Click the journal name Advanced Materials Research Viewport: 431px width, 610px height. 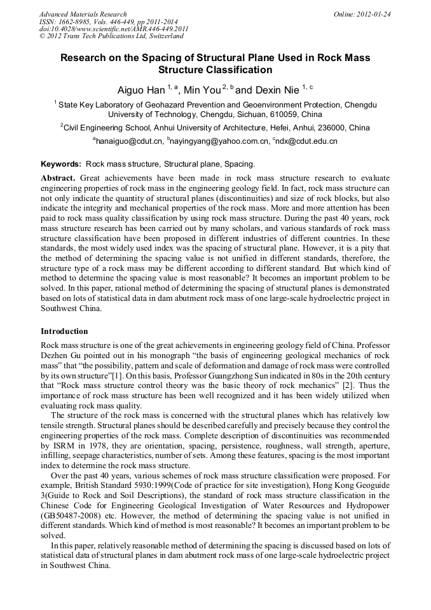(x=83, y=13)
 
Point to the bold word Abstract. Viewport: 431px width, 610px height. (x=58, y=178)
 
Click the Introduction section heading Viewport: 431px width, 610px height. (x=64, y=331)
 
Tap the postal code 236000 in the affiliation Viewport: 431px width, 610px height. (x=336, y=127)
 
